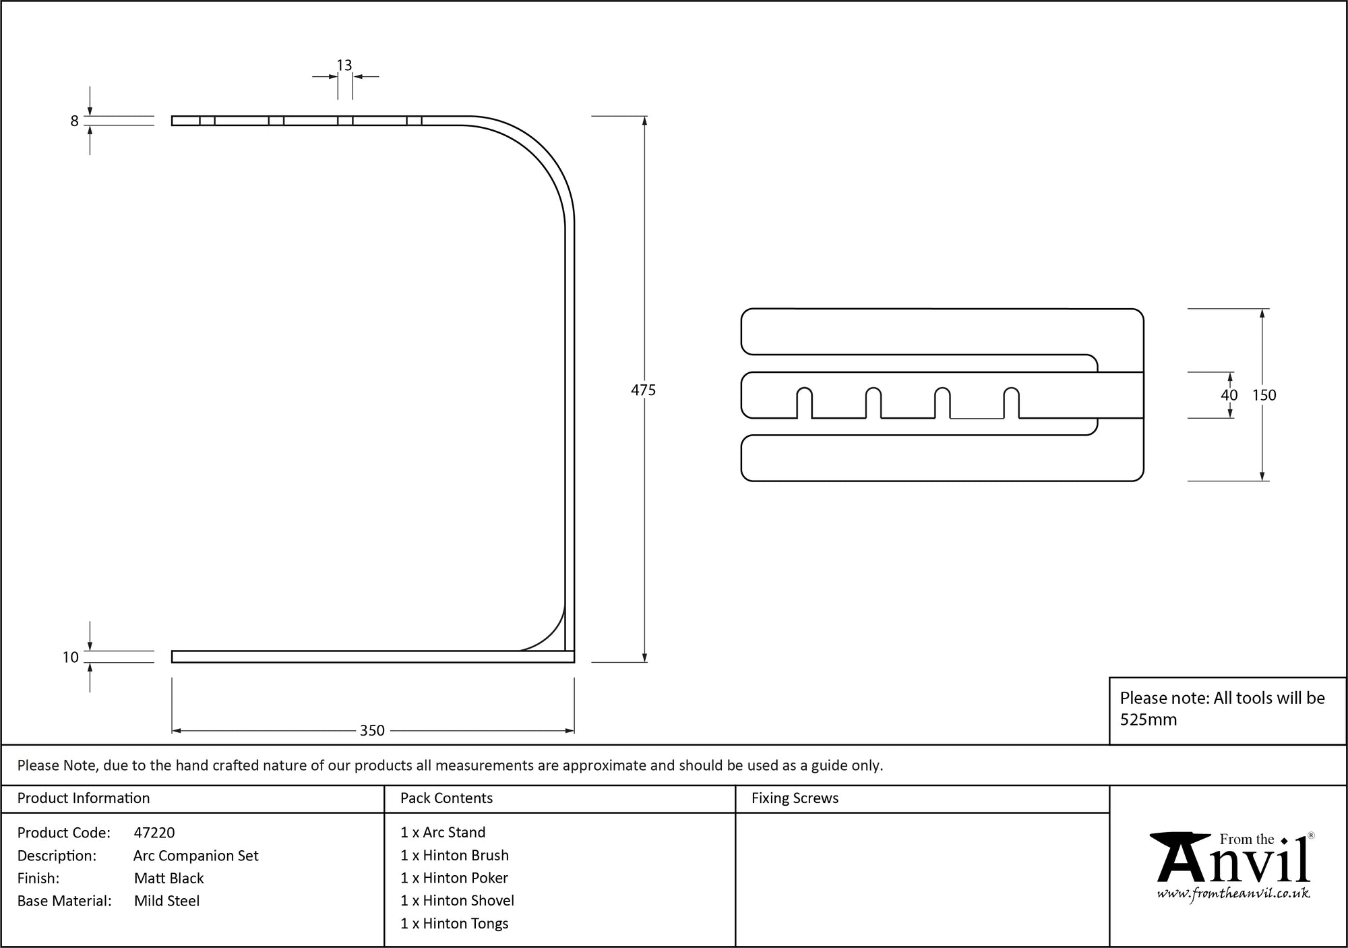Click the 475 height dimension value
tap(643, 390)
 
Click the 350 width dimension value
tap(372, 730)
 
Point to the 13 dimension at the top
tap(344, 65)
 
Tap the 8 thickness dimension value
tap(75, 121)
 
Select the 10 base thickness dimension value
tap(71, 657)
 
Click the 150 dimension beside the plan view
tap(1264, 395)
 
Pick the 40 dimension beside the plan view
tap(1229, 395)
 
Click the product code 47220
tap(154, 833)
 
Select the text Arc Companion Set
tap(196, 856)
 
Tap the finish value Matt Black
tap(168, 878)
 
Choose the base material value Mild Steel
tap(166, 901)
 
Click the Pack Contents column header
tap(446, 798)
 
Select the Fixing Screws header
tap(795, 798)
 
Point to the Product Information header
tap(84, 798)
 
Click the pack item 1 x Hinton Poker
tap(454, 878)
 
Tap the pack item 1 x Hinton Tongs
tap(454, 924)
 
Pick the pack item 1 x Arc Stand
tap(443, 833)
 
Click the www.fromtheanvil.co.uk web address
tap(1233, 894)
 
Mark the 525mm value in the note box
tap(1148, 719)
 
